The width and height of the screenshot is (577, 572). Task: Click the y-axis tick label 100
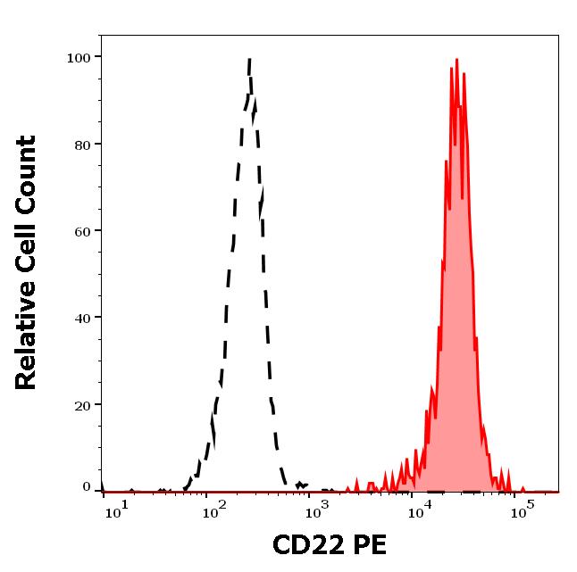point(79,58)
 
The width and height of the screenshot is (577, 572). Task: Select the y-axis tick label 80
point(82,145)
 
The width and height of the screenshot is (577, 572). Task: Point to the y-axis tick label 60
point(82,231)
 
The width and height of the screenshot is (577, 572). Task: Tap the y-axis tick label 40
point(82,318)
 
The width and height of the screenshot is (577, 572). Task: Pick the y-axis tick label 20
point(82,405)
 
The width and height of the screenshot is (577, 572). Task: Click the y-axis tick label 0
point(87,487)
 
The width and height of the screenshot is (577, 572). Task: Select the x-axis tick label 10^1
point(113,511)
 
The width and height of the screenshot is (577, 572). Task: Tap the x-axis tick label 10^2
point(214,511)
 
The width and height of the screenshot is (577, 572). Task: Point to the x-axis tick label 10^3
point(316,511)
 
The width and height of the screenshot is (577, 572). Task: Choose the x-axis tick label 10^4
point(419,511)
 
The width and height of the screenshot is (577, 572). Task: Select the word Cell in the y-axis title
point(27,238)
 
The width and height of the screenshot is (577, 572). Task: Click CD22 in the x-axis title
point(305,546)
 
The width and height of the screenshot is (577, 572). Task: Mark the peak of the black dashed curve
point(249,59)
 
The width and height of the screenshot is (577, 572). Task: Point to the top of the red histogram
point(456,60)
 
